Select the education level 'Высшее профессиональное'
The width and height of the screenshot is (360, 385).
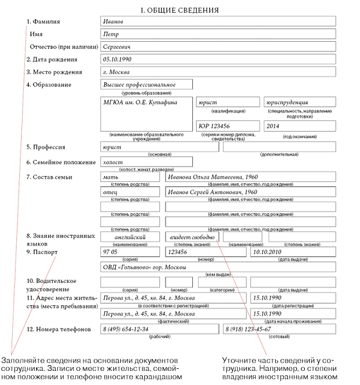click(x=138, y=84)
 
